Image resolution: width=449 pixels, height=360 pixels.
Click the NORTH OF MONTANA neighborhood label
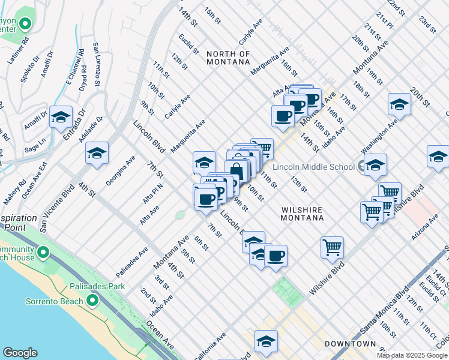[228, 58]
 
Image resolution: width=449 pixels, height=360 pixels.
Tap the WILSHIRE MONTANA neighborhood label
[303, 214]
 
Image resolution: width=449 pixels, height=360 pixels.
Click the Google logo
[19, 353]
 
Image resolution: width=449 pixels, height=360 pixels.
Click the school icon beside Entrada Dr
[61, 118]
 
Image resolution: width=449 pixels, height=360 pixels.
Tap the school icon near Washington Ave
[399, 105]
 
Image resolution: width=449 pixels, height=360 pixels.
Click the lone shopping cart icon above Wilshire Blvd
[332, 247]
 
